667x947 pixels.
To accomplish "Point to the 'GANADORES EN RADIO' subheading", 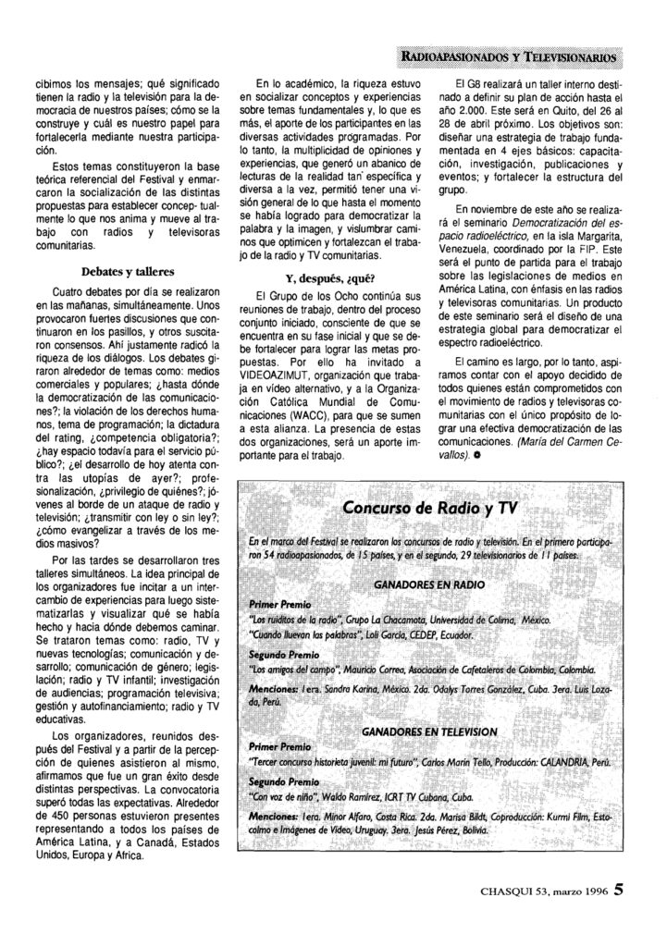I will click(x=423, y=584).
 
